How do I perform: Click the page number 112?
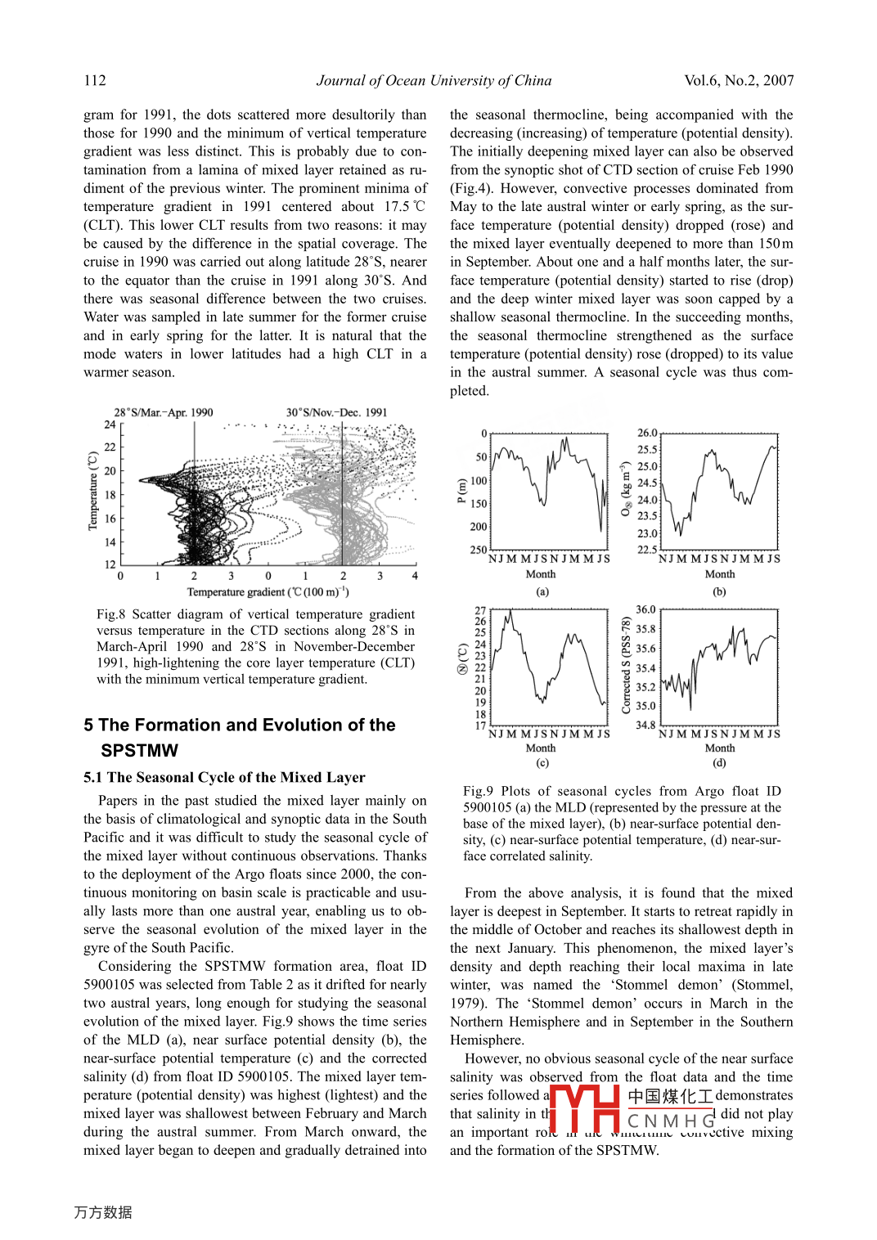[x=95, y=80]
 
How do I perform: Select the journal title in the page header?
[x=434, y=80]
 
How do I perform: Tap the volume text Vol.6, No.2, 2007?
[x=739, y=80]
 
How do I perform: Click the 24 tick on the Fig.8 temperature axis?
[x=110, y=425]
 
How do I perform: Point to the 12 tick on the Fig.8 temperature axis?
[x=110, y=564]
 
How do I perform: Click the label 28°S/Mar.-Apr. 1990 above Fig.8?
[x=164, y=412]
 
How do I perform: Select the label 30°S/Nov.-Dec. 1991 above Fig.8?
[x=336, y=412]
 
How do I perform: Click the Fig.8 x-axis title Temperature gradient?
[x=268, y=592]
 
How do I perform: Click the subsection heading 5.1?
[x=94, y=778]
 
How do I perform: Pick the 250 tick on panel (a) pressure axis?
[x=478, y=550]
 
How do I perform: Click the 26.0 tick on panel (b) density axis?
[x=647, y=433]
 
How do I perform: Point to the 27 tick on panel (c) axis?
[x=480, y=611]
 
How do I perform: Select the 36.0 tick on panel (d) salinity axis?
[x=645, y=610]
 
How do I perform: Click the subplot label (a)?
[x=542, y=592]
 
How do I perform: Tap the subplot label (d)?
[x=719, y=763]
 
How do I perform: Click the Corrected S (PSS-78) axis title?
[x=627, y=666]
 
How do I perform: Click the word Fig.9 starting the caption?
[x=478, y=791]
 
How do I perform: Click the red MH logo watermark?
[x=584, y=1109]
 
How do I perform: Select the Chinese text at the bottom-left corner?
[x=103, y=1212]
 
